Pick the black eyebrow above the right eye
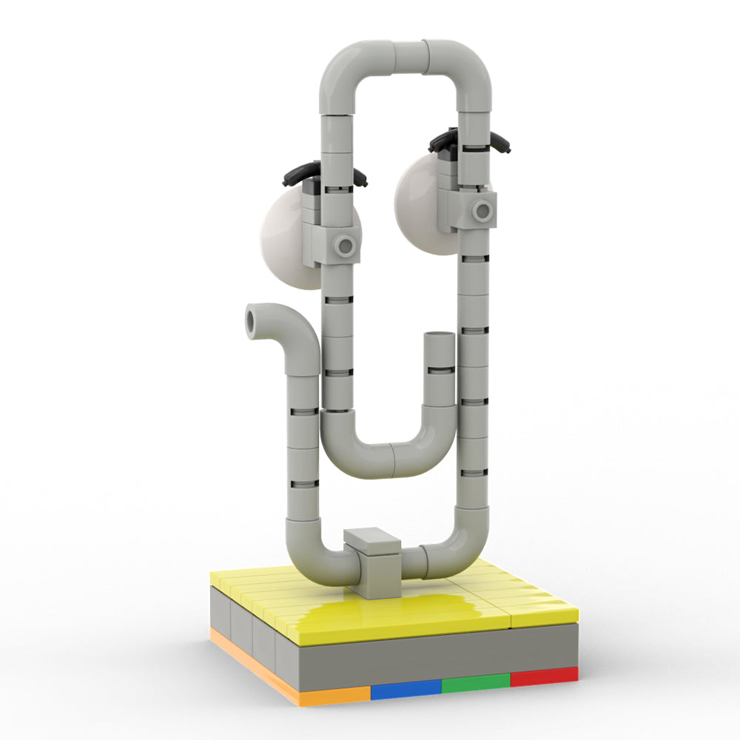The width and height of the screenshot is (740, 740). point(470,139)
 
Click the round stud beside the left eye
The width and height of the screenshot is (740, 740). point(344,245)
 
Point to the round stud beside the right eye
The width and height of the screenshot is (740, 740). point(482,211)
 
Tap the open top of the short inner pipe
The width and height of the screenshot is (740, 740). point(440,338)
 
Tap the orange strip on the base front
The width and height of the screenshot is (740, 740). point(333,696)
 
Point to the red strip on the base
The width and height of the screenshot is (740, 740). point(544,676)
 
